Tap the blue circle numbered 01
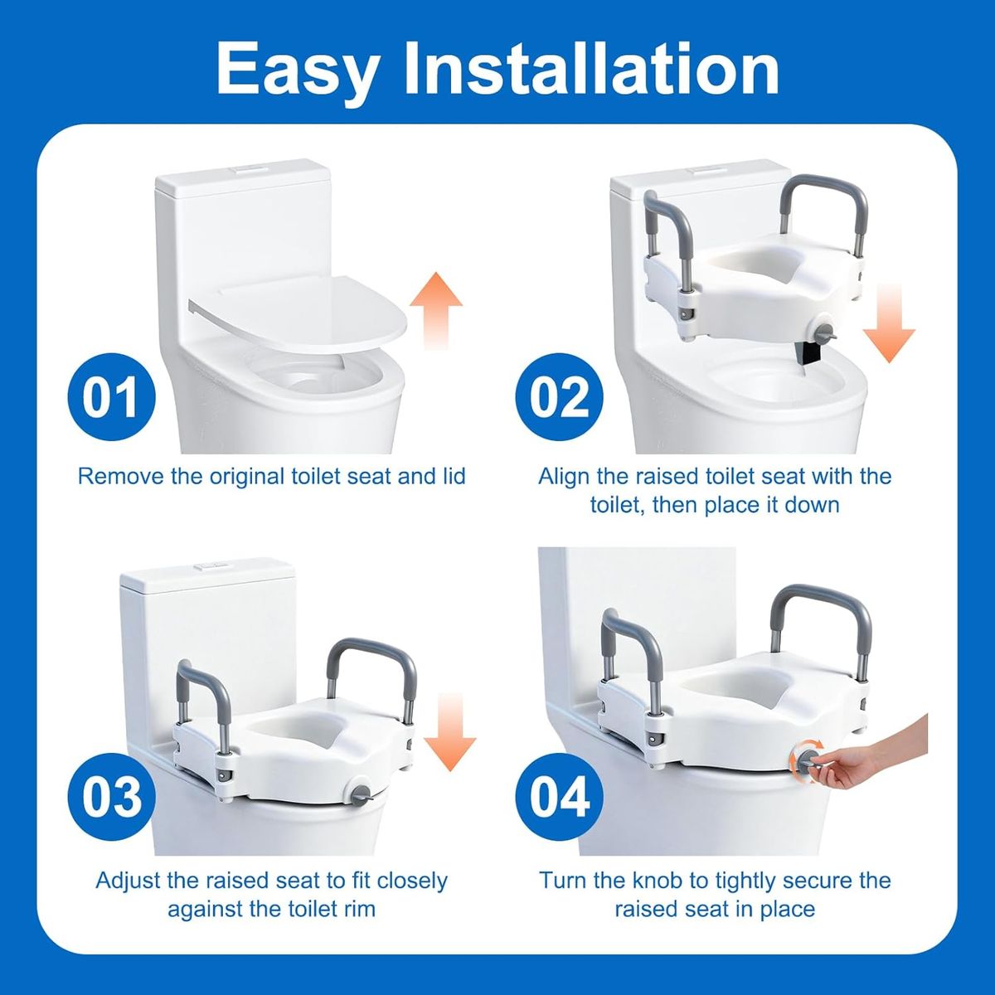(111, 396)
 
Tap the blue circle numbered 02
(559, 396)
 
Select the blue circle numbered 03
(111, 797)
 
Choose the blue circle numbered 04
(559, 797)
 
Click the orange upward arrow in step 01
(436, 310)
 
